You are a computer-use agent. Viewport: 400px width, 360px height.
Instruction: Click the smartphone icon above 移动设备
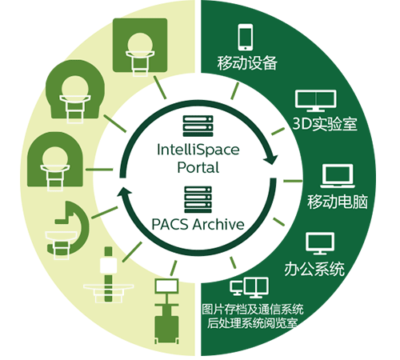point(246,37)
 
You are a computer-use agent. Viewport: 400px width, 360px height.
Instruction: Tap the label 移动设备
point(247,63)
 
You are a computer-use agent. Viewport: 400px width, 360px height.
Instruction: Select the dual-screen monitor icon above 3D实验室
point(316,101)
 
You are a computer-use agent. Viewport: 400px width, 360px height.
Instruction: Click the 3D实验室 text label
point(325,124)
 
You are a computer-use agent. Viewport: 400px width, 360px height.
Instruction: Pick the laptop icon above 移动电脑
point(338,176)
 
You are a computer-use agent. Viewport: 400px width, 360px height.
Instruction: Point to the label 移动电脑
point(338,202)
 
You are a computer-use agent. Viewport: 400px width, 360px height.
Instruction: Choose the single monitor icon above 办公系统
point(320,243)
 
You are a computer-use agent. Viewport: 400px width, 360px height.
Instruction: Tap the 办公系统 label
point(314,269)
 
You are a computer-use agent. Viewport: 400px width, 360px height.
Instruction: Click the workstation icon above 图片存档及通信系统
point(249,287)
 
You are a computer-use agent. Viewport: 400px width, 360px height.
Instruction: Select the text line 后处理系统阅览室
point(252,323)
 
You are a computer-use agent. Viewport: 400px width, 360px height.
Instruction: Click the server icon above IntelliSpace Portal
point(198,126)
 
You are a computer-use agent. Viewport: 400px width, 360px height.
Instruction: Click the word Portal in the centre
point(198,167)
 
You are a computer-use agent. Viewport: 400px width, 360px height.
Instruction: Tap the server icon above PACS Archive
point(198,199)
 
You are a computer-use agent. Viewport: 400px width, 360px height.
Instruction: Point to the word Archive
point(218,224)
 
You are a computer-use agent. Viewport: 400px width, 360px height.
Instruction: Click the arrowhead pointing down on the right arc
point(270,159)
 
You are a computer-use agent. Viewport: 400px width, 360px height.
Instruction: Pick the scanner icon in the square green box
point(140,46)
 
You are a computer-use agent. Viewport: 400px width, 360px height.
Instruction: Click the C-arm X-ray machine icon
point(68,230)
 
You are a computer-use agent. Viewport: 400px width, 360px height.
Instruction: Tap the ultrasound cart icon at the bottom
point(166,311)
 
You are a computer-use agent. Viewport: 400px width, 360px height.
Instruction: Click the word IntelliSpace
point(198,150)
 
